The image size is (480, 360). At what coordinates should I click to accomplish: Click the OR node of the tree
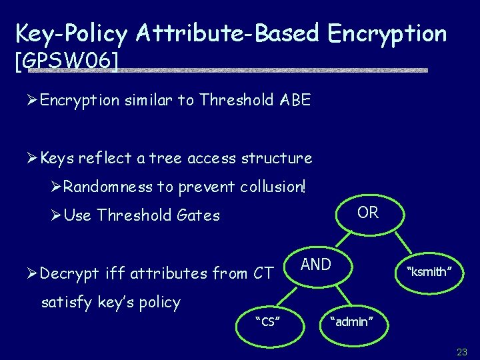coord(367,213)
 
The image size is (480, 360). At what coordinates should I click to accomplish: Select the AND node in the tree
coord(316,265)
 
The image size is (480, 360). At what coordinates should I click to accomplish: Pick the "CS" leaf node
coord(267,322)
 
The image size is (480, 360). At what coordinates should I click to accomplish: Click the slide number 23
coord(462,351)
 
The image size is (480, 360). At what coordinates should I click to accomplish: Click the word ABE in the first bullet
coord(295,100)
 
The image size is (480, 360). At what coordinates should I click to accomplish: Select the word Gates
coord(199,215)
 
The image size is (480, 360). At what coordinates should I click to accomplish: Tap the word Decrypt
coord(66,273)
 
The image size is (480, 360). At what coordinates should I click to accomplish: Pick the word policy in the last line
coord(159,303)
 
